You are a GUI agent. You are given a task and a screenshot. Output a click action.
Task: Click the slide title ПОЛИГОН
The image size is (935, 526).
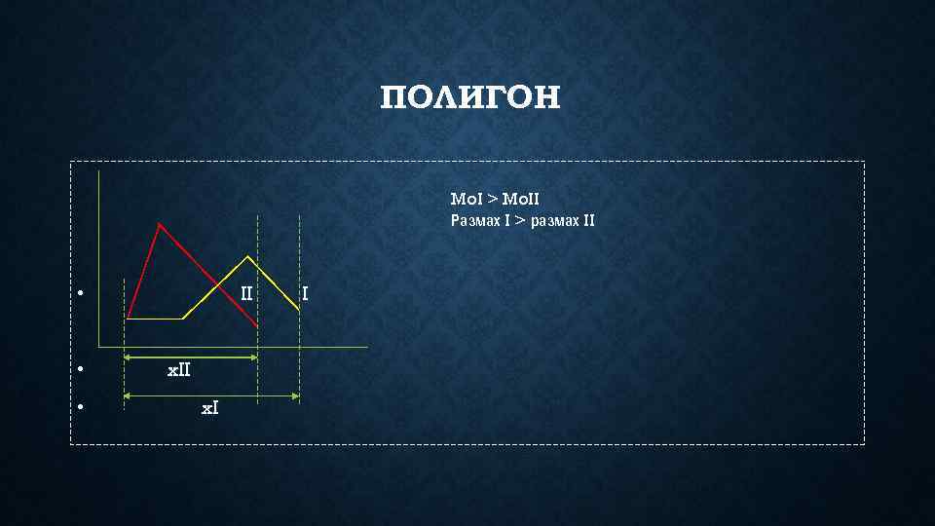click(470, 97)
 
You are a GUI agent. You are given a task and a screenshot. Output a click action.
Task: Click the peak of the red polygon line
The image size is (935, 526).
click(160, 224)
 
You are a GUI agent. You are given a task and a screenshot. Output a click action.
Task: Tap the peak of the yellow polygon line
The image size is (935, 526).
click(249, 256)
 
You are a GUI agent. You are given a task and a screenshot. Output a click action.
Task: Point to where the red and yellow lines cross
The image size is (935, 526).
click(217, 283)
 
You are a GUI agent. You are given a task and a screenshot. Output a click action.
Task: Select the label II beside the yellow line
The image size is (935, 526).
click(246, 292)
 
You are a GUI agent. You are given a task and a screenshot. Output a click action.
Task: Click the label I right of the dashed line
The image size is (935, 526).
click(306, 292)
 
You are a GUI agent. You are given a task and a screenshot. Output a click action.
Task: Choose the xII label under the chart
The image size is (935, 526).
click(178, 370)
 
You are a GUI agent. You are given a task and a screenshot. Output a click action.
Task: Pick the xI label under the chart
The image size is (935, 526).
click(209, 408)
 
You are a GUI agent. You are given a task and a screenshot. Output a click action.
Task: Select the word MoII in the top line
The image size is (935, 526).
click(520, 200)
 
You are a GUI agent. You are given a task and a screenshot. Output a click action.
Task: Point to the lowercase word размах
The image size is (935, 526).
click(554, 220)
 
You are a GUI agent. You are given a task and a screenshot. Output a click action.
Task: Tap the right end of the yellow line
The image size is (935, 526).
click(298, 311)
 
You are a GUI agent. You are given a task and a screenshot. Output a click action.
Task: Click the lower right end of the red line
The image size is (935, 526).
click(257, 325)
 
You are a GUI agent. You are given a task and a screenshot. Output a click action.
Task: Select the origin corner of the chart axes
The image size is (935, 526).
click(98, 346)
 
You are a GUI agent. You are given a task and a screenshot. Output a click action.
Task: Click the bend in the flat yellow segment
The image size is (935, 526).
click(183, 319)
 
